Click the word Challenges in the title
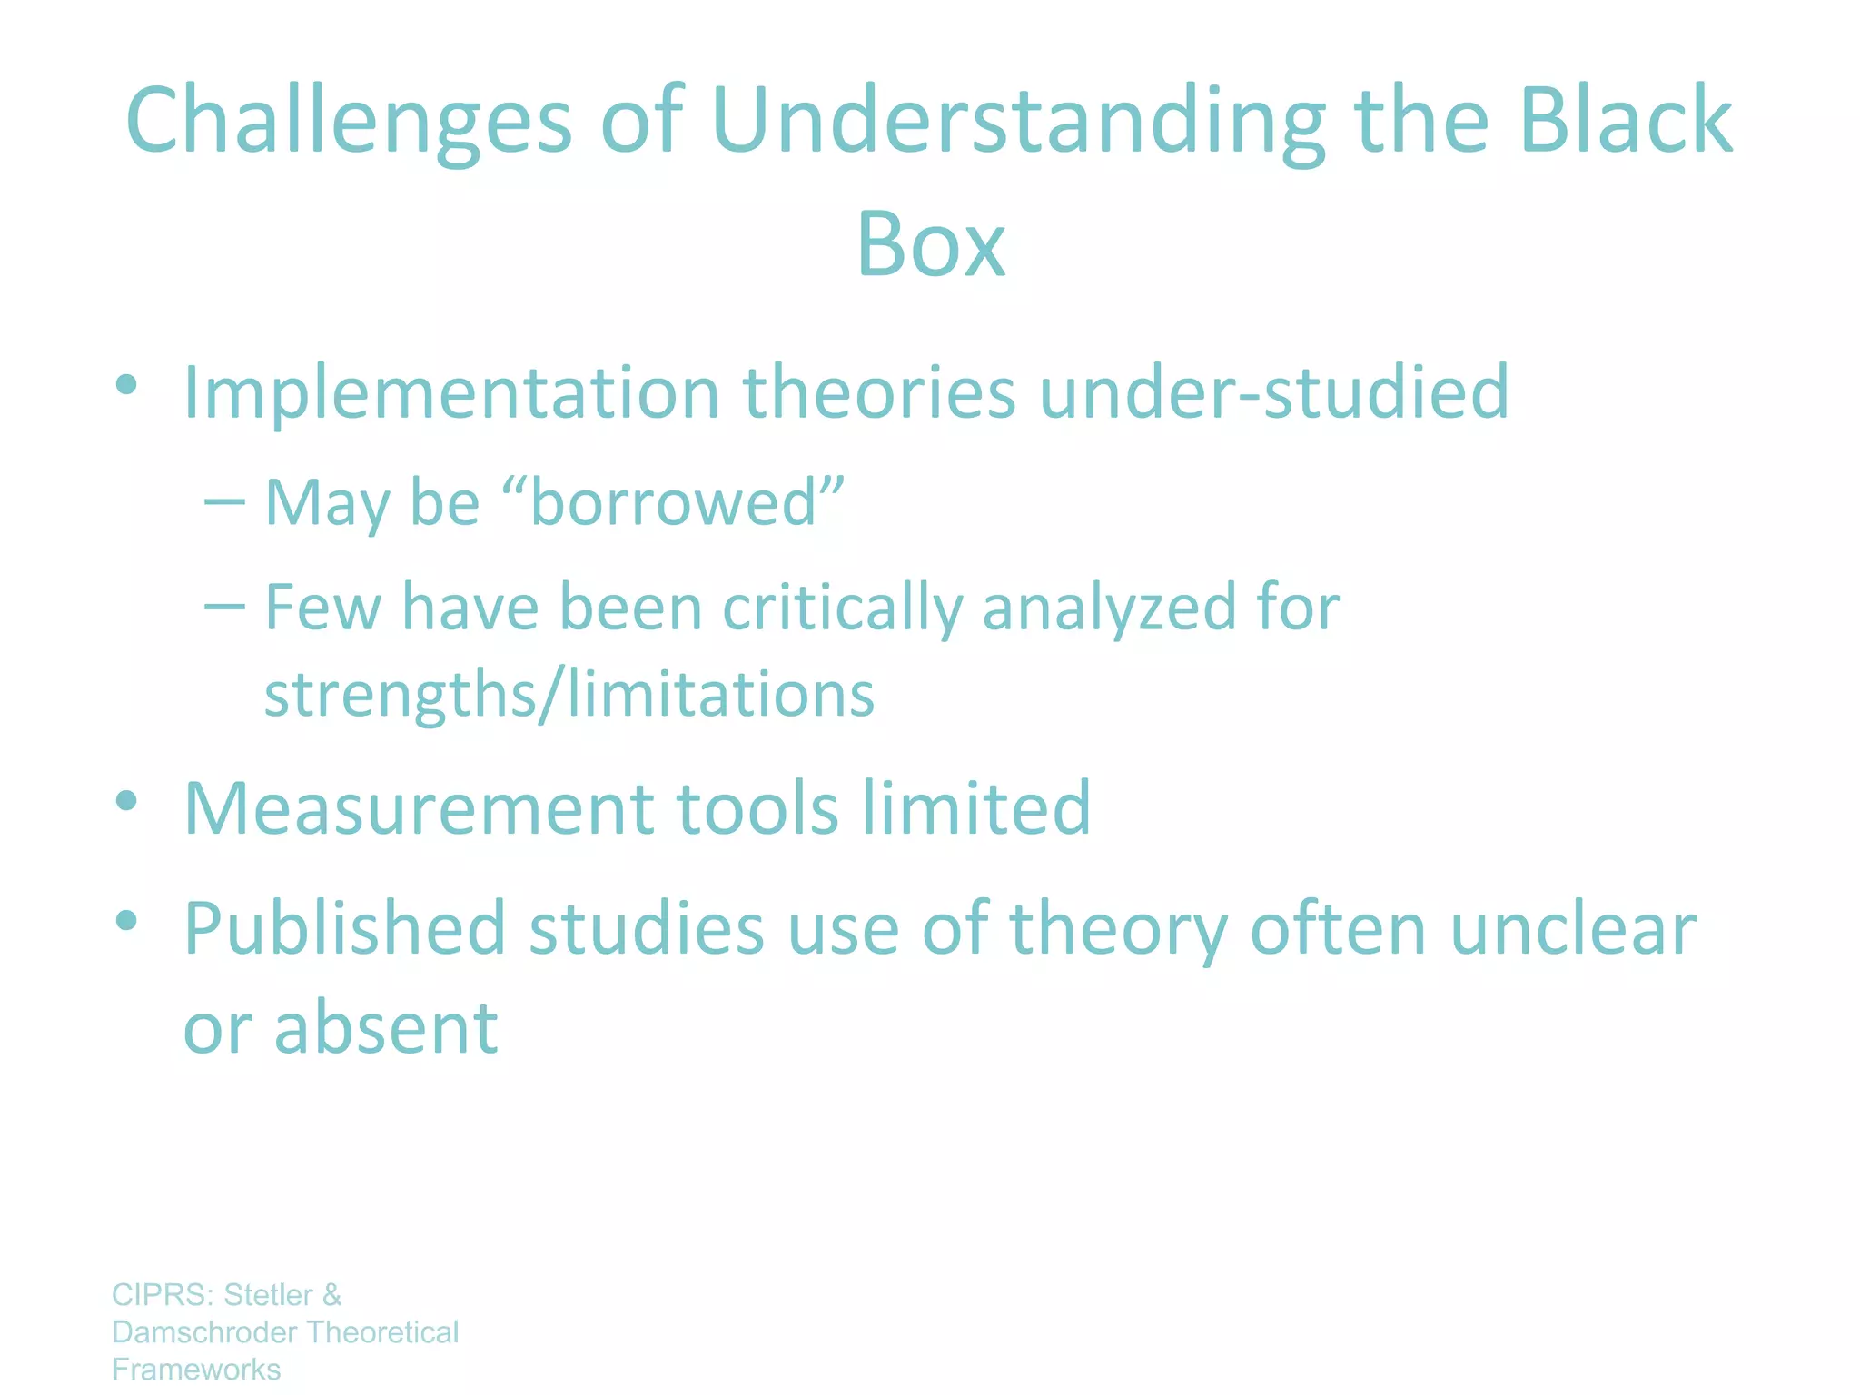click(x=349, y=121)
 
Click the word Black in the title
click(x=1626, y=121)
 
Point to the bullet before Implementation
click(x=126, y=384)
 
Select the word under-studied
click(x=1273, y=392)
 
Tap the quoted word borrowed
click(x=673, y=501)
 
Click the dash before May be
click(x=224, y=501)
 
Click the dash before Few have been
click(x=224, y=606)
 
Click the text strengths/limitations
click(x=569, y=694)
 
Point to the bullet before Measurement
click(x=126, y=800)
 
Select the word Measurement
click(x=419, y=807)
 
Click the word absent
click(x=386, y=1027)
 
